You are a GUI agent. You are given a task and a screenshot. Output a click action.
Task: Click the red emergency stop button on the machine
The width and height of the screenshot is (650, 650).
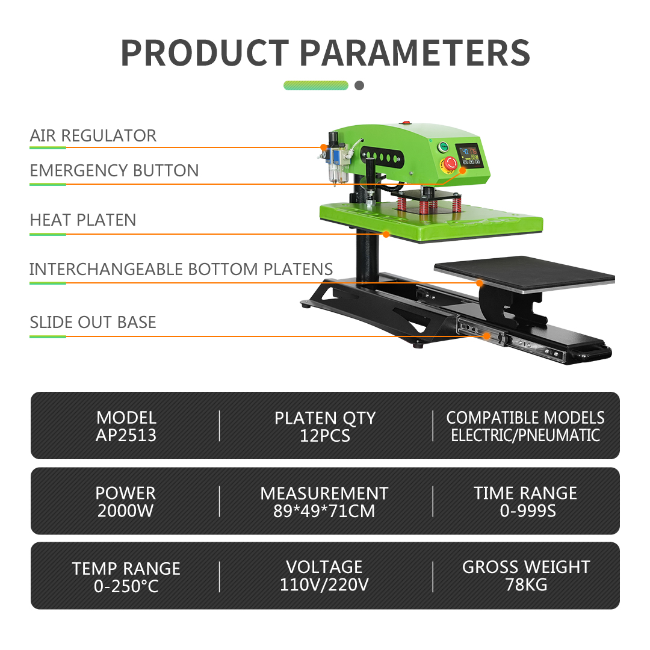451,163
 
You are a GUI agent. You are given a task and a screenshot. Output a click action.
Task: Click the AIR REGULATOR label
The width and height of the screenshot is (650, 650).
93,135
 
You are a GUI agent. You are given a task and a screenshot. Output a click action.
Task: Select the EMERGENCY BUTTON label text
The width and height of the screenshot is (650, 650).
114,170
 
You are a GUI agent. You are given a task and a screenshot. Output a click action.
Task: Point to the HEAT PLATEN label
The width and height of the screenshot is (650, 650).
83,220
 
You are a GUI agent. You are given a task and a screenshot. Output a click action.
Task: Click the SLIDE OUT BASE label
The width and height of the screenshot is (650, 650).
93,322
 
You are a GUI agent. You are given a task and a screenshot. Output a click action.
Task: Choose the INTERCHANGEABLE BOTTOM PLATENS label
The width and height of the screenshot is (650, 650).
181,269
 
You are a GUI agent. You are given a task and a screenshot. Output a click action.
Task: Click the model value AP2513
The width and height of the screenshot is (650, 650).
126,435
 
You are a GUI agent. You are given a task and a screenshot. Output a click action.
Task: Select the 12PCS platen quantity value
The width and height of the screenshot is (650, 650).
325,436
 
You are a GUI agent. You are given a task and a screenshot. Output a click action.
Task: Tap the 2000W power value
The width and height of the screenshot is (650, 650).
126,511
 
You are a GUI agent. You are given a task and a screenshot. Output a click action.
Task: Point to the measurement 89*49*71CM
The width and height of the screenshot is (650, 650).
324,511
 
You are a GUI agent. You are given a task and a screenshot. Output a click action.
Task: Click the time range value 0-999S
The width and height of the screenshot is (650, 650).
528,511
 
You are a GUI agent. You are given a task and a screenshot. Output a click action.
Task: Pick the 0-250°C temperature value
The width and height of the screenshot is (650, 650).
126,586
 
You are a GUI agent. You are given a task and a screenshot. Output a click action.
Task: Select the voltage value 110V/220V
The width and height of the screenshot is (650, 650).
324,585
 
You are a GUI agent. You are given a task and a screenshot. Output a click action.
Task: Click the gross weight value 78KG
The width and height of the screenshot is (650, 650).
526,585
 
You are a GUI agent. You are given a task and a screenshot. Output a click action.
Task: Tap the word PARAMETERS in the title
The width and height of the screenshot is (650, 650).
415,53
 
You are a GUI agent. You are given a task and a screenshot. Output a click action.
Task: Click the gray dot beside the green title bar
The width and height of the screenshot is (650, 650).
359,85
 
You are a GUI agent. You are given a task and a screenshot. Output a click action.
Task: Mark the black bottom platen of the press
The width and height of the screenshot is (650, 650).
524,274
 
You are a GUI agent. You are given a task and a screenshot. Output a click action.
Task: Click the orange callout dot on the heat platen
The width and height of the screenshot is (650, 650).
386,234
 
